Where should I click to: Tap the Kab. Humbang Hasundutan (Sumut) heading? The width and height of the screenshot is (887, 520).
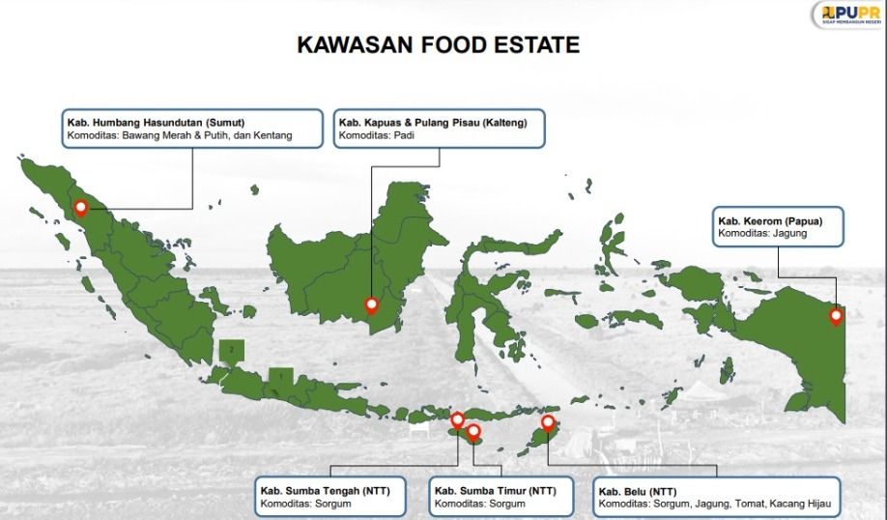(156, 122)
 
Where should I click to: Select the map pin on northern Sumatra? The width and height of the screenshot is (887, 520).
(81, 206)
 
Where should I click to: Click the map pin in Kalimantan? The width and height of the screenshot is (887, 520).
(371, 305)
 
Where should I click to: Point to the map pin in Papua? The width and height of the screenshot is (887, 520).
(837, 315)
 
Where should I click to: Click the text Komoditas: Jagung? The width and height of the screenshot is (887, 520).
(761, 233)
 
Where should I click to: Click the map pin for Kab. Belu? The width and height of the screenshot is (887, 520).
(548, 422)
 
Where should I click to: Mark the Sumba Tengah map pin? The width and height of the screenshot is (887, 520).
(458, 420)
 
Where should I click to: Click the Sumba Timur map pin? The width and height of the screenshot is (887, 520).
(473, 431)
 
